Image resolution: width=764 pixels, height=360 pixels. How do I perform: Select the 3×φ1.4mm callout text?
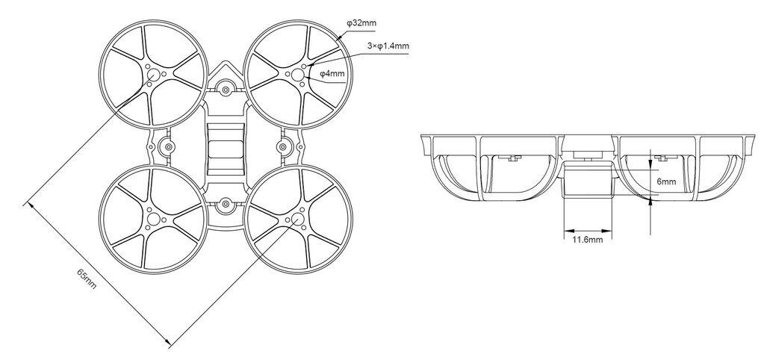tap(388, 46)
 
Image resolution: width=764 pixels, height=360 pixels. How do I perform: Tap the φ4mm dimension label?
tap(332, 74)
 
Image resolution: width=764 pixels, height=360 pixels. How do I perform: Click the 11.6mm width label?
tap(587, 240)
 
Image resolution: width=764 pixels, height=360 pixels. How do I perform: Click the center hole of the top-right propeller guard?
tap(296, 74)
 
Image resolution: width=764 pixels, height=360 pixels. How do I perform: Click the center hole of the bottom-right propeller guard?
tap(296, 219)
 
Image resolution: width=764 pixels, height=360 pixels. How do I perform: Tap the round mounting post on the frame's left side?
tap(168, 145)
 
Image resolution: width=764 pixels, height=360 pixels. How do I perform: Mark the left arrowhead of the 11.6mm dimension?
tap(565, 229)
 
